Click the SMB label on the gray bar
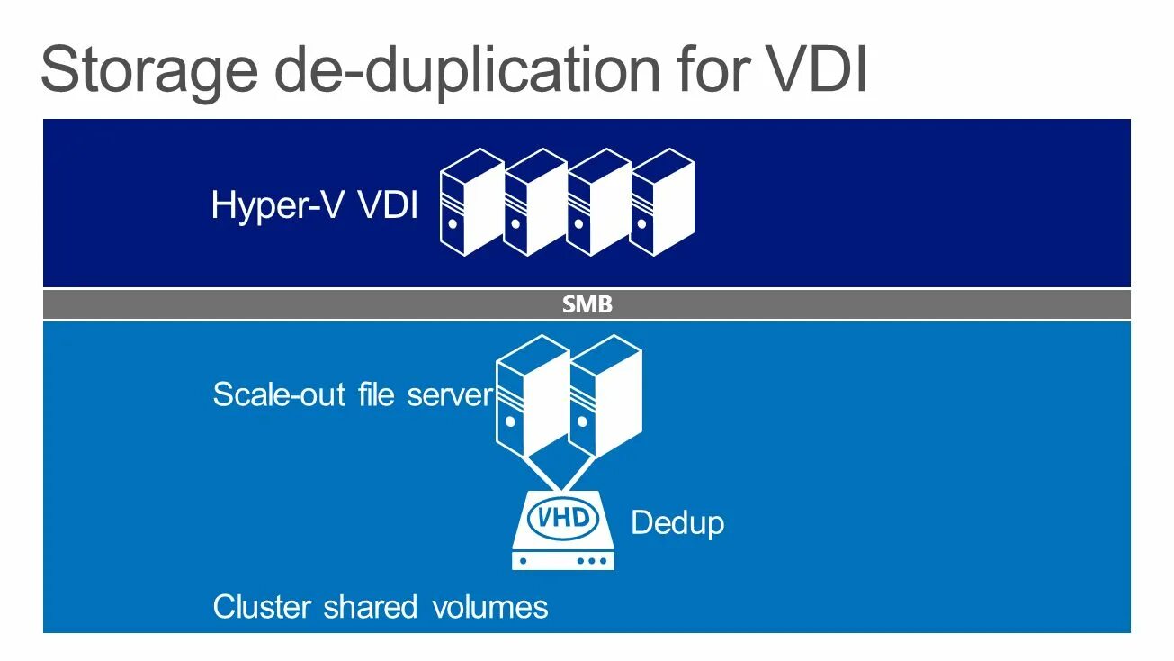pos(587,305)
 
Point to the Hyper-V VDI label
pos(314,205)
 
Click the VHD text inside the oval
pos(563,518)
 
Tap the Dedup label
pos(677,522)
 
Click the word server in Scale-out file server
pos(450,394)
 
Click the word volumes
pos(489,606)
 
